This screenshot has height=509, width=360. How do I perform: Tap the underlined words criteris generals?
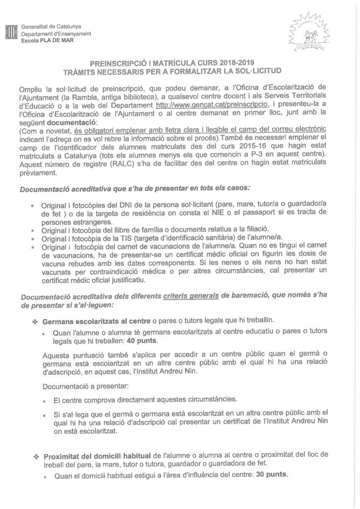pos(190,296)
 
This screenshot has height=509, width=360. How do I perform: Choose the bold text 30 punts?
pos(271,475)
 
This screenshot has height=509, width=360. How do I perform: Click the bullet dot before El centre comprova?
pos(45,400)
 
